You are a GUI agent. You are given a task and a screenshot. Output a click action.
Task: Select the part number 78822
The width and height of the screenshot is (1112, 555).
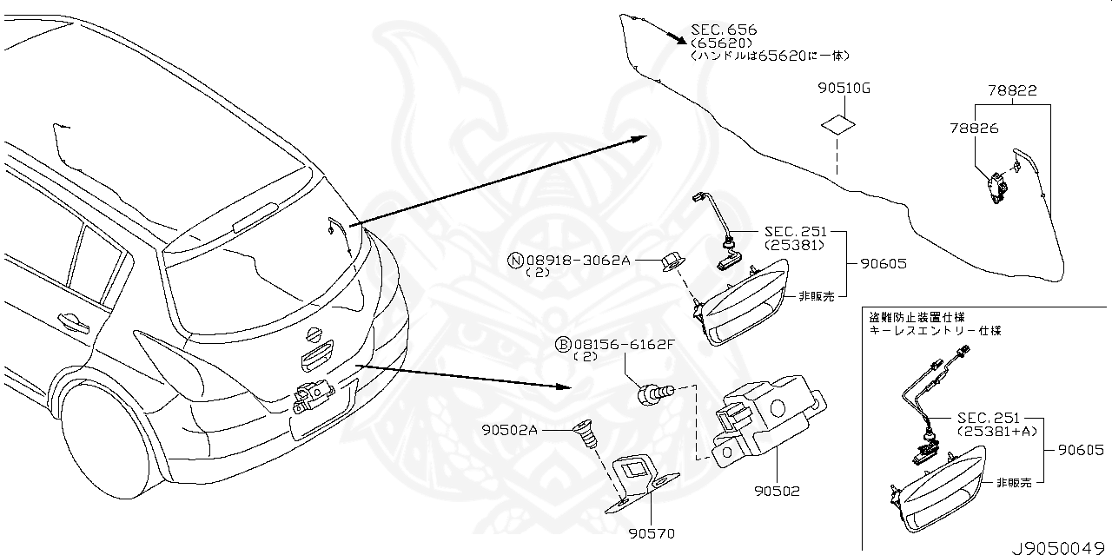pyautogui.click(x=1011, y=90)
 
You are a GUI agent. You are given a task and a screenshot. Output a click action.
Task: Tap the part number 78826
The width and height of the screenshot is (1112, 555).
pyautogui.click(x=974, y=128)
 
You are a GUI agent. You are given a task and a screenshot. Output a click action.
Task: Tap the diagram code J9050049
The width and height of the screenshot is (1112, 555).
pyautogui.click(x=1060, y=547)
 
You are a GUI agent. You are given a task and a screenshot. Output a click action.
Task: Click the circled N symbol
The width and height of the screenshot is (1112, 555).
pyautogui.click(x=513, y=260)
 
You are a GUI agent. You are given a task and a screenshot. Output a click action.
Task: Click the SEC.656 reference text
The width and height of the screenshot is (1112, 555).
pyautogui.click(x=723, y=30)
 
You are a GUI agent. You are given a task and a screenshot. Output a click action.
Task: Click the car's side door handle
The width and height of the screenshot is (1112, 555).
pyautogui.click(x=74, y=322)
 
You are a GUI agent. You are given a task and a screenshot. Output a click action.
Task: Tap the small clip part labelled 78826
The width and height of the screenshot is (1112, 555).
pyautogui.click(x=994, y=183)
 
